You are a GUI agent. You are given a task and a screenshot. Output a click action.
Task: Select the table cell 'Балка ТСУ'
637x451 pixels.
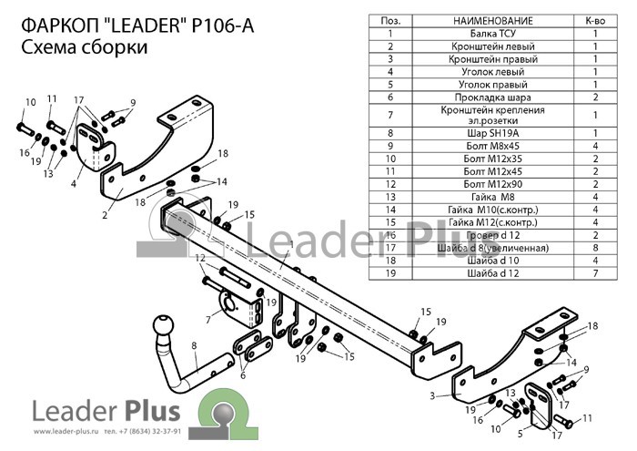(493, 34)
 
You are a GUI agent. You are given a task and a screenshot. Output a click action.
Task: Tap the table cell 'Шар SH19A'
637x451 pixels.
(493, 133)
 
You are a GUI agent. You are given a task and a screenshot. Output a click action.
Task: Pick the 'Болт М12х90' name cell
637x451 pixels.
(493, 184)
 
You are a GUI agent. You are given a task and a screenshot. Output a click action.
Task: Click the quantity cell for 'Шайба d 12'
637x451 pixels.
(595, 273)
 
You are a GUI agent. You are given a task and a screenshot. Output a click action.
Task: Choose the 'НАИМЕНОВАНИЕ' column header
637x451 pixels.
(493, 21)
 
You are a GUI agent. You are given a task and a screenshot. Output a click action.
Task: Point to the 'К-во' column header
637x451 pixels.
(595, 21)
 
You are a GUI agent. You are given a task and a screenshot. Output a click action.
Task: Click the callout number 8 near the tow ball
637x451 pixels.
(194, 345)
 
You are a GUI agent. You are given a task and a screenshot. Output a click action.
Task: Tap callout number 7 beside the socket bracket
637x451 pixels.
(208, 320)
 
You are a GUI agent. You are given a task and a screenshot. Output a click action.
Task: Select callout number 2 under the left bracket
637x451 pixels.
(105, 215)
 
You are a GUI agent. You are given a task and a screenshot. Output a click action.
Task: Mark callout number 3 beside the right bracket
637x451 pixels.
(432, 395)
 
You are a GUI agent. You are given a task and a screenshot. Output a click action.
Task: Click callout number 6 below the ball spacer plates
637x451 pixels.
(243, 375)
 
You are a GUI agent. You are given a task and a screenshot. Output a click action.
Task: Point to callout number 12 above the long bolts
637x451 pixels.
(200, 258)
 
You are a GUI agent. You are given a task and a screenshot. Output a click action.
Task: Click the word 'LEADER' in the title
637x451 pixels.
(145, 26)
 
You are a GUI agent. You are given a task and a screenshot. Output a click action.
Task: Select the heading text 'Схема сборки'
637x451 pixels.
(84, 47)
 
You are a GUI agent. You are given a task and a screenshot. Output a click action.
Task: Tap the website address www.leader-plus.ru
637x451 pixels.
(66, 431)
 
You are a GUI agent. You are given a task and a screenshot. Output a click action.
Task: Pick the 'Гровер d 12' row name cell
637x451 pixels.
(493, 235)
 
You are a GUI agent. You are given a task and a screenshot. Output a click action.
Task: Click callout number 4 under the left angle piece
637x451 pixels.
(73, 184)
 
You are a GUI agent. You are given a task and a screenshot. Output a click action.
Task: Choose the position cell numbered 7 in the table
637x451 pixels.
(390, 115)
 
